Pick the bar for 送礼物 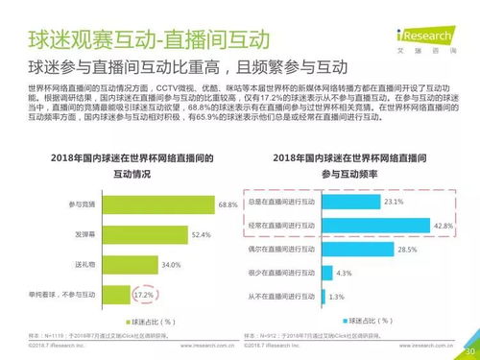click(143, 263)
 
